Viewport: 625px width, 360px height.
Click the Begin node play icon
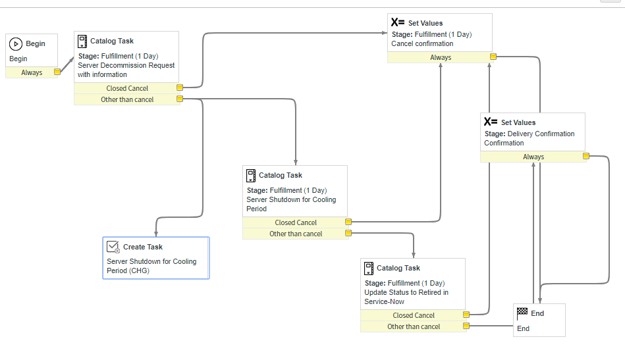click(x=16, y=43)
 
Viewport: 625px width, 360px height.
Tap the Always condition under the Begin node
click(x=32, y=73)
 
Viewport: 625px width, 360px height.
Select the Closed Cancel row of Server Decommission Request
click(x=127, y=88)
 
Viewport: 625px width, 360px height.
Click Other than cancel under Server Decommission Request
click(x=127, y=99)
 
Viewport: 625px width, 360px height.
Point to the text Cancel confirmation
click(x=422, y=43)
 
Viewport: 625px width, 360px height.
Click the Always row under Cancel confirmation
click(x=441, y=57)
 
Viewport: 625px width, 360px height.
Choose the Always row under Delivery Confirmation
click(x=533, y=157)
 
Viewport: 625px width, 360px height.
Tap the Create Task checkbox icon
click(x=113, y=247)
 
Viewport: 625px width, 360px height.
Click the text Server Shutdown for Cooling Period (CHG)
click(x=151, y=266)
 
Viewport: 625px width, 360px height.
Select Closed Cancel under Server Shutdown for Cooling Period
click(x=296, y=222)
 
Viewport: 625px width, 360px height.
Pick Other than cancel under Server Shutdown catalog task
click(x=296, y=234)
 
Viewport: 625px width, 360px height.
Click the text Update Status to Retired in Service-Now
click(x=406, y=297)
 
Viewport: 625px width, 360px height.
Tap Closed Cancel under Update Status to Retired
click(x=414, y=315)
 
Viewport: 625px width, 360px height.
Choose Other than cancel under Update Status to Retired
click(x=414, y=326)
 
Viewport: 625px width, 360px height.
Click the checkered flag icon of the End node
click(x=522, y=312)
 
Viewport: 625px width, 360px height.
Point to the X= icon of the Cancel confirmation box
click(x=398, y=23)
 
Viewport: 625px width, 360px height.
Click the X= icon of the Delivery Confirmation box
click(x=491, y=122)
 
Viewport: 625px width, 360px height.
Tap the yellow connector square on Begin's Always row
click(x=57, y=72)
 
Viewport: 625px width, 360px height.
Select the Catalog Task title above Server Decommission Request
click(x=112, y=41)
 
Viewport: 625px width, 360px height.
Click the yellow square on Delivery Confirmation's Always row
click(x=585, y=157)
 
